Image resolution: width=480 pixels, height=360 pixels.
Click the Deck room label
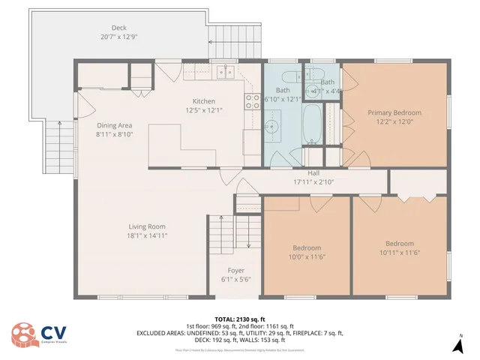coord(119,28)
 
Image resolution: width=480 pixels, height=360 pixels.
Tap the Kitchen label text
coord(204,101)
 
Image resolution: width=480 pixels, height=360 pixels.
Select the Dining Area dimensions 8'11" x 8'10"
coord(114,135)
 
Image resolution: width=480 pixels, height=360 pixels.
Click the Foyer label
coord(235,271)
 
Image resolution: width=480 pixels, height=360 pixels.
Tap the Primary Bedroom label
coord(394,112)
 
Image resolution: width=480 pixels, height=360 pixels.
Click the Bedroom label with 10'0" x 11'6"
coord(307,248)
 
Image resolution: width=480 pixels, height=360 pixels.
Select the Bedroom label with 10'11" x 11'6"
coord(400,244)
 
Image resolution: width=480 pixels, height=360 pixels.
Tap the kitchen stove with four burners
coord(252,102)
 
